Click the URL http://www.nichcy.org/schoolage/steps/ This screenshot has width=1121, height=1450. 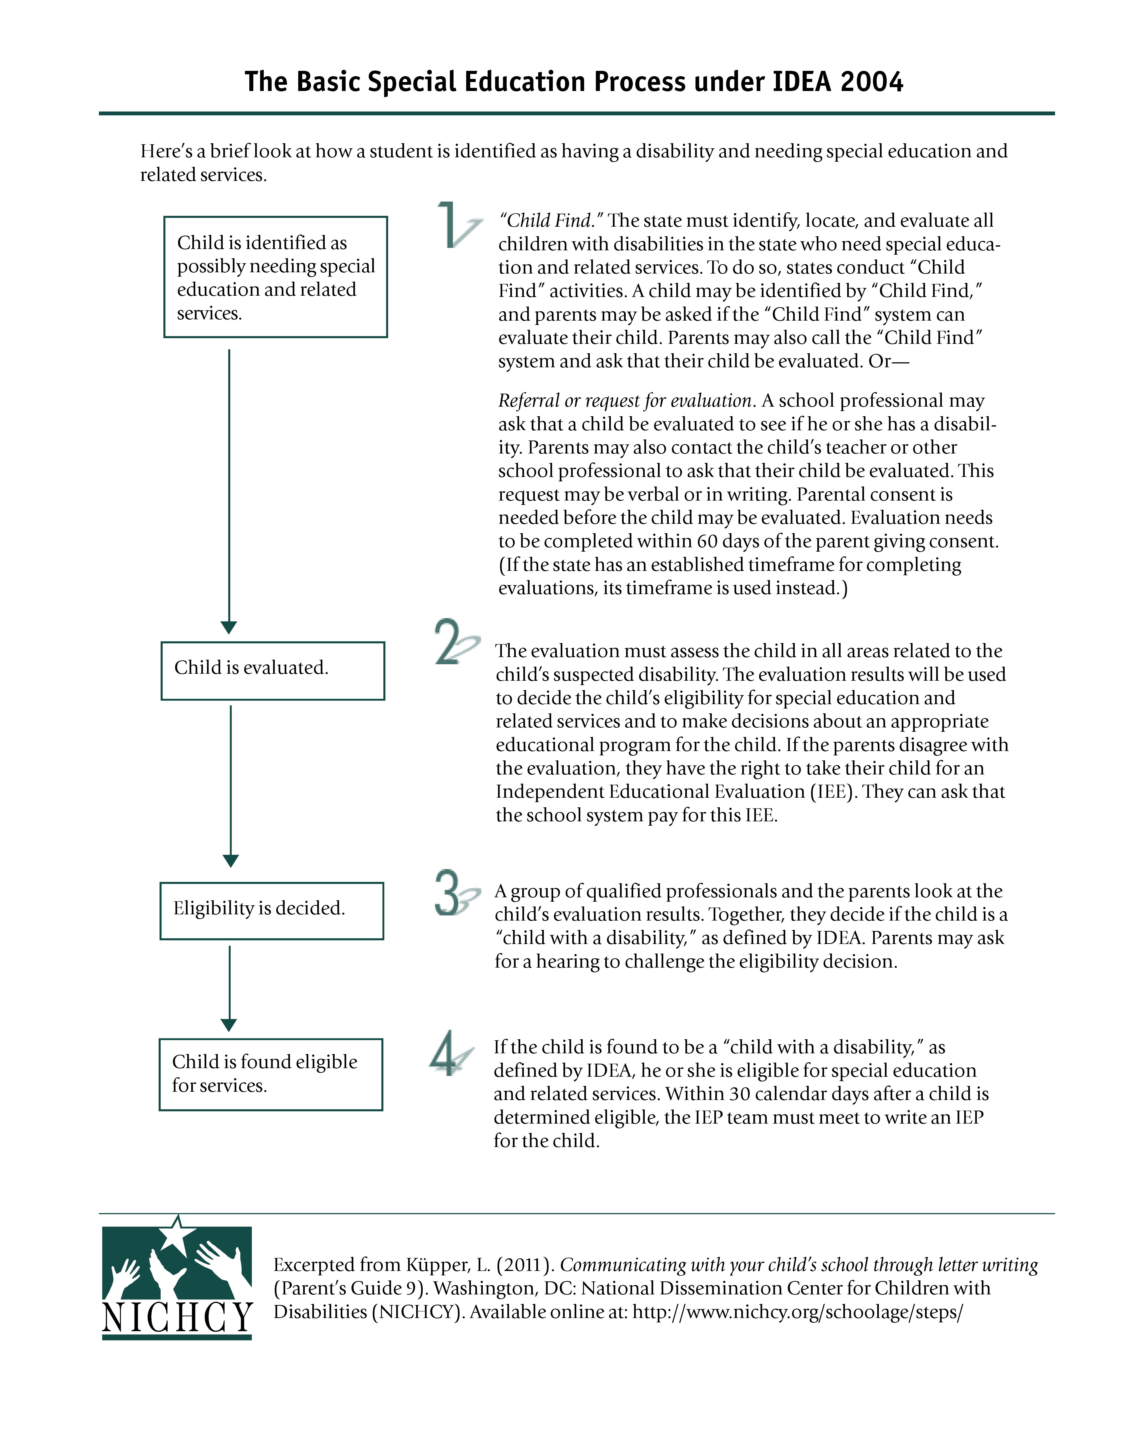(x=797, y=1312)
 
